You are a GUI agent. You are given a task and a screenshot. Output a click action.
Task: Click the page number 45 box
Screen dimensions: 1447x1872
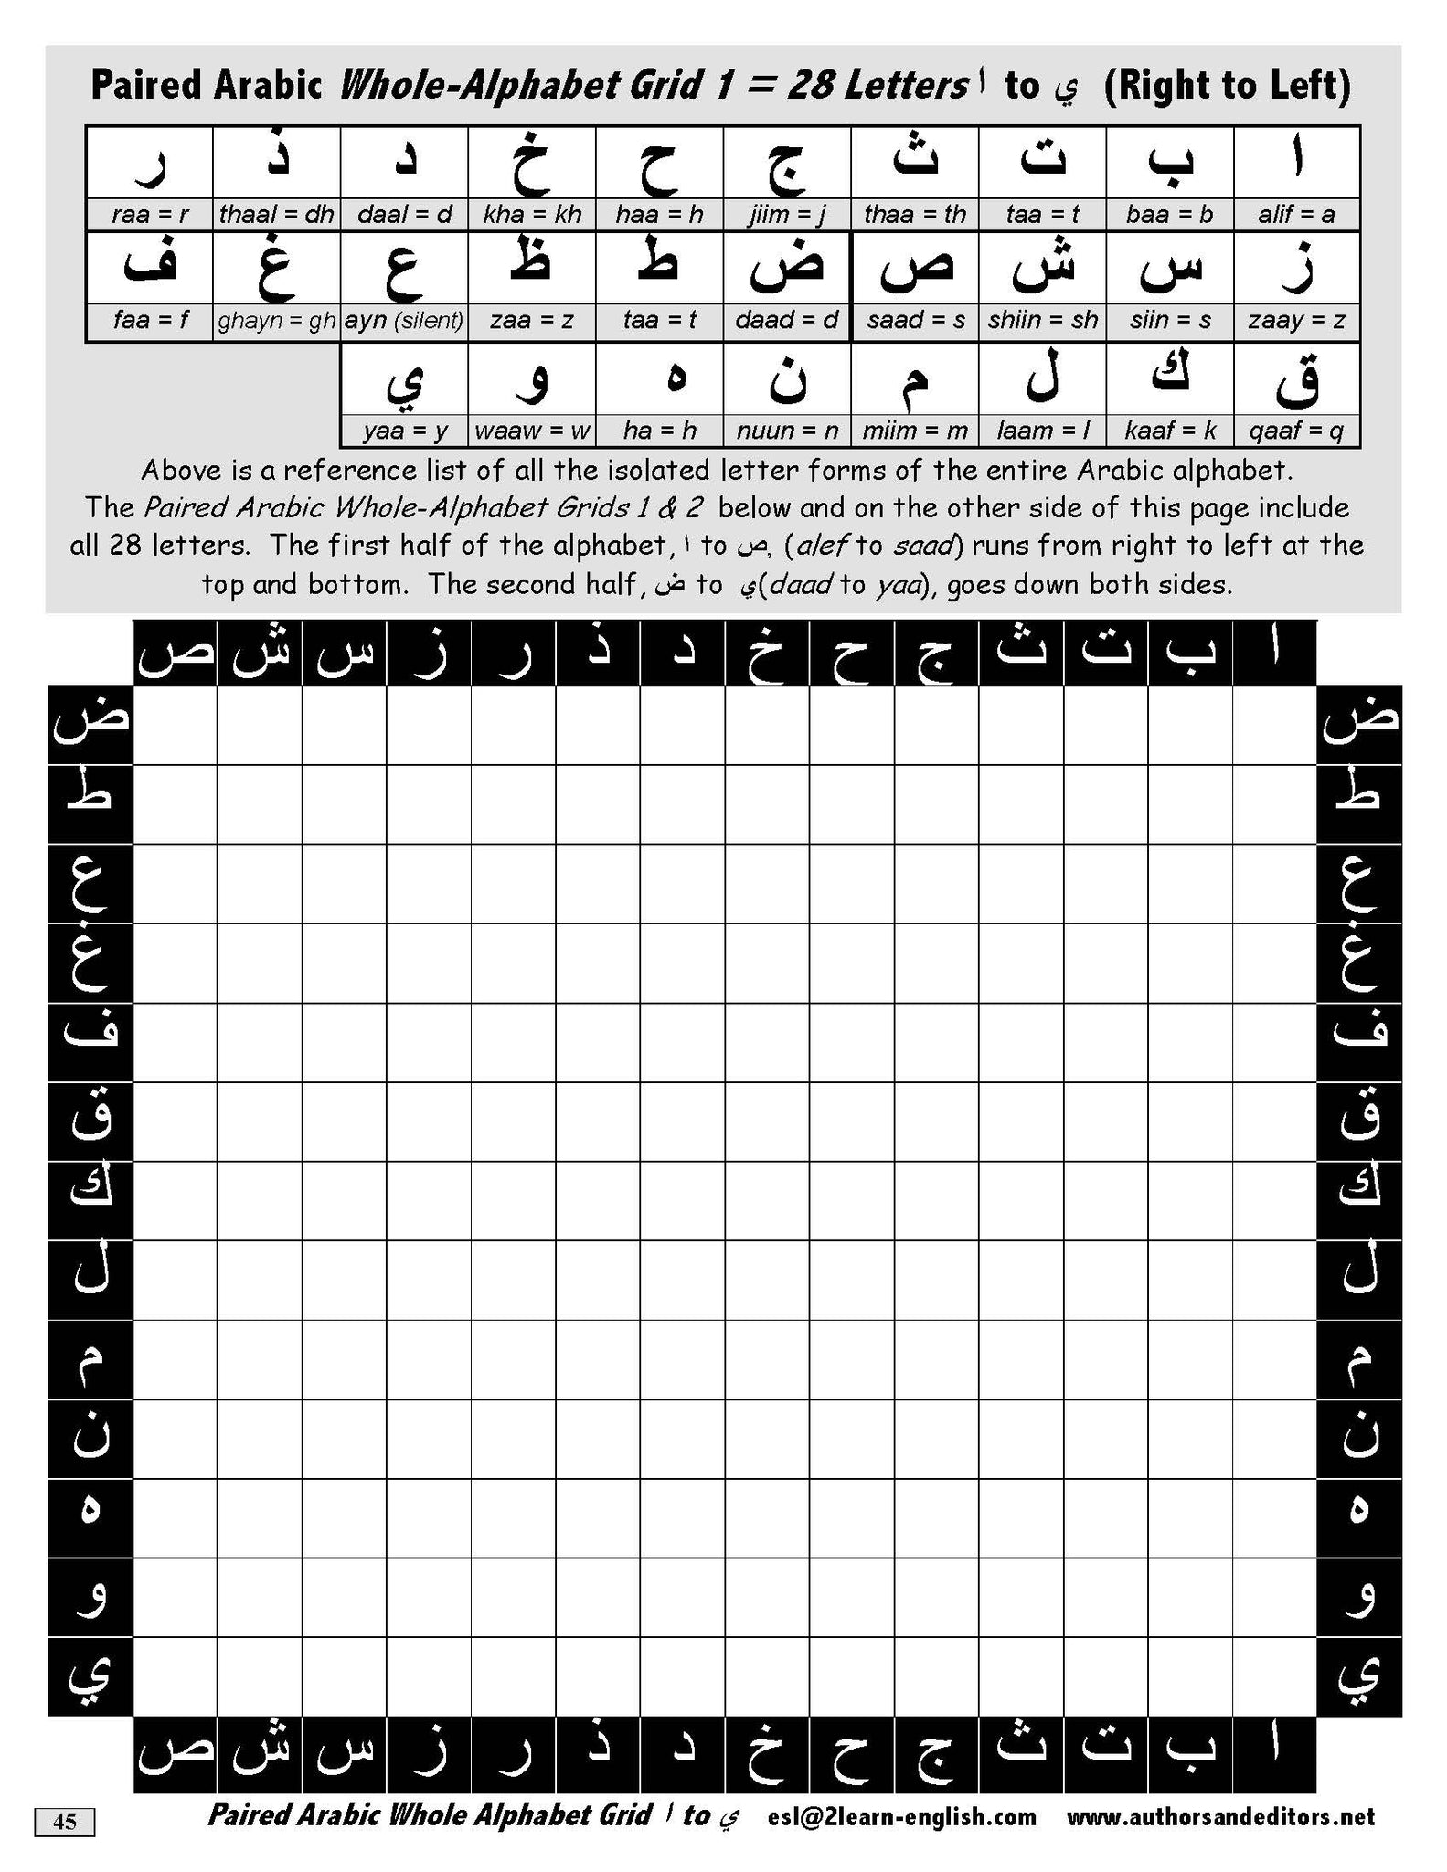click(x=65, y=1822)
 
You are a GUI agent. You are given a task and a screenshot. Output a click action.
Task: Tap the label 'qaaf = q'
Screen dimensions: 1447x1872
click(x=1296, y=431)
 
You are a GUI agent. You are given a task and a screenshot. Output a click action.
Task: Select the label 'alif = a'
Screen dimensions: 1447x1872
click(x=1296, y=215)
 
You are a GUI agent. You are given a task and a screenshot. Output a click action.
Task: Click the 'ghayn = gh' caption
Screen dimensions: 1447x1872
click(x=276, y=322)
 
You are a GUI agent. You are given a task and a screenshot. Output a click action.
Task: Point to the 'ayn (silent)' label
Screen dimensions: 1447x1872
click(x=404, y=322)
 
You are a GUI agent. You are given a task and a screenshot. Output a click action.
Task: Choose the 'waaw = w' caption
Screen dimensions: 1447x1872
click(x=532, y=431)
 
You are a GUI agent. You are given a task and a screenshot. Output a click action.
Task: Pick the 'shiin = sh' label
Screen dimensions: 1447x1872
click(x=1042, y=322)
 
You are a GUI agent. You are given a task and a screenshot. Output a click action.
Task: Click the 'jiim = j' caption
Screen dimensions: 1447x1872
click(x=787, y=215)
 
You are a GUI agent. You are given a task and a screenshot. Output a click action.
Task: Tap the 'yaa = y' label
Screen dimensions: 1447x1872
click(x=404, y=431)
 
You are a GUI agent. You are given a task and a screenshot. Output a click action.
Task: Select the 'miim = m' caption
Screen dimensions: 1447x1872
click(x=915, y=431)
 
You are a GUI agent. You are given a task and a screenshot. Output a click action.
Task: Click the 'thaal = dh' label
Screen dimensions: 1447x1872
click(x=276, y=215)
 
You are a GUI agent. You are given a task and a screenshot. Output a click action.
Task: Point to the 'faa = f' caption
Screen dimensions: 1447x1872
click(x=150, y=322)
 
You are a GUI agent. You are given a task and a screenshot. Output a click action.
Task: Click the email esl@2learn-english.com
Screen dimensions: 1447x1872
click(x=902, y=1816)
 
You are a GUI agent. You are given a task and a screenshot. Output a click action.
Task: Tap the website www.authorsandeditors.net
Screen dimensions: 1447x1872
click(x=1219, y=1816)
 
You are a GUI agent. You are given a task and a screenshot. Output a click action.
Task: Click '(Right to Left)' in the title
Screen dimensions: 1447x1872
click(x=1227, y=86)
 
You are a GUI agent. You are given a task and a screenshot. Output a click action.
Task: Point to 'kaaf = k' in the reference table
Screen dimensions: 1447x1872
click(x=1169, y=431)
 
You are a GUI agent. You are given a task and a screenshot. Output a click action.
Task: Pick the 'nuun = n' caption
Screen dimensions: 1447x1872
click(x=787, y=431)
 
